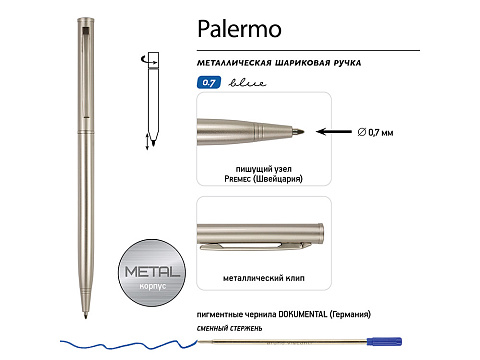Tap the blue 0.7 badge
207,85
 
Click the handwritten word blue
236,85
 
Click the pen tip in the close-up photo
298,130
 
